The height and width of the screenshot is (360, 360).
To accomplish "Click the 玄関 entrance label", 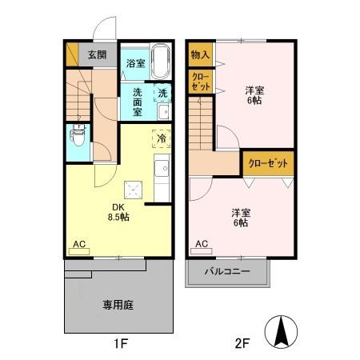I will (x=97, y=55).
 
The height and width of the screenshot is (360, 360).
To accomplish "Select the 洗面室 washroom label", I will (x=137, y=102).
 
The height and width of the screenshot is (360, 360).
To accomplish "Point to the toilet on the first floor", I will (x=78, y=135).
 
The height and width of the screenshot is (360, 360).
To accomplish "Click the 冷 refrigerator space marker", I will (x=161, y=138).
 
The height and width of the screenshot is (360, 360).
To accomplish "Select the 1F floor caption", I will (x=119, y=346).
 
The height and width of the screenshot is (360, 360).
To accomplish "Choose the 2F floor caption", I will (x=242, y=346).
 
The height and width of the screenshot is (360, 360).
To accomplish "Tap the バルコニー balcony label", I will (x=230, y=272).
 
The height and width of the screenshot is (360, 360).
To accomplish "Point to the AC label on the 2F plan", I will (x=201, y=243).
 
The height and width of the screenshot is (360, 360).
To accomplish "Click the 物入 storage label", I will (x=200, y=55).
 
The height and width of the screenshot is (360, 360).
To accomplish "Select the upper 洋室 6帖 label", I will (x=254, y=95).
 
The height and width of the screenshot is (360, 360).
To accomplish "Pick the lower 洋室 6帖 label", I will (x=240, y=217).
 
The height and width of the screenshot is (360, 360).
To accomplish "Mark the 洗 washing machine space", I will (x=162, y=93).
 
